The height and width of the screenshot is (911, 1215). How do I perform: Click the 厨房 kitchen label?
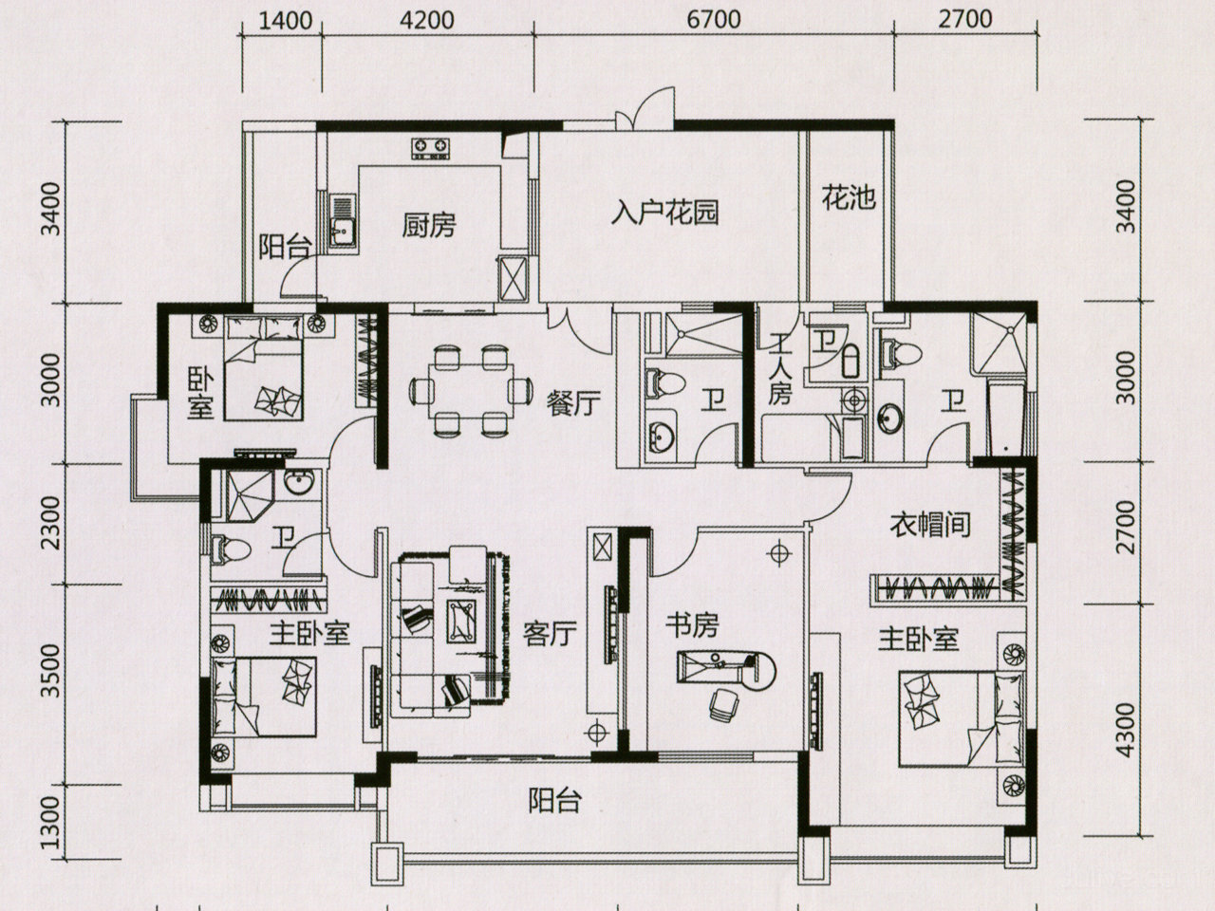[429, 226]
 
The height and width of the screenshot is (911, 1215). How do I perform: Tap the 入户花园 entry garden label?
[664, 211]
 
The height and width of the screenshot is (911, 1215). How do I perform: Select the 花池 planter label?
[848, 199]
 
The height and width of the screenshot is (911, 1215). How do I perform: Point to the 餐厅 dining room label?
[573, 403]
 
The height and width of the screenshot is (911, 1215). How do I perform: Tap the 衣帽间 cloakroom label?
[930, 524]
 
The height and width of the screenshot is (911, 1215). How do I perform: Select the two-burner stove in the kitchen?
[430, 147]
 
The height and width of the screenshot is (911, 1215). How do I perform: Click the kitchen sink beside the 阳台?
[342, 228]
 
